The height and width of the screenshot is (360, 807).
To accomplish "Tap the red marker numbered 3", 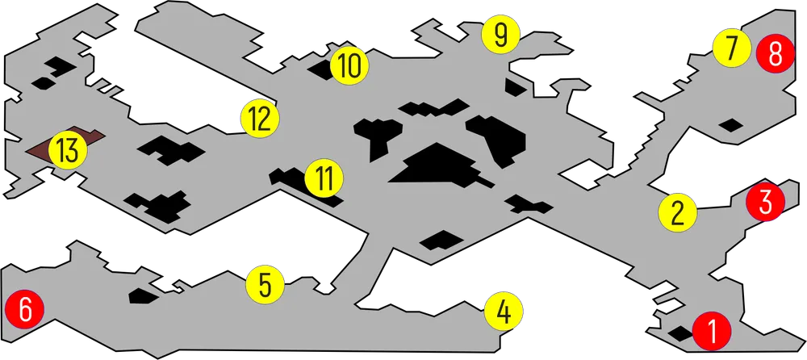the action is coord(765,202).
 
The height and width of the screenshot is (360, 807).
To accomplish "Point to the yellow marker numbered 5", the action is coord(265,285).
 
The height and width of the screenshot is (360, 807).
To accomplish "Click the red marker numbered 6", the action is coord(25,310).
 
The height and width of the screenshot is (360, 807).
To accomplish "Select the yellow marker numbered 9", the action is coord(501,34).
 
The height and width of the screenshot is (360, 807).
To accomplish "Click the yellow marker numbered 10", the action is coord(349,66).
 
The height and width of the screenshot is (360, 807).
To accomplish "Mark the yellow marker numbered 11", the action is coord(324,178).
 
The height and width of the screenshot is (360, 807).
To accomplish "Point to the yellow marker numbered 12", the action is coord(260,119).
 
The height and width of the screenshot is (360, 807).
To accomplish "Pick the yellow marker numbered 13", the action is coord(68,150).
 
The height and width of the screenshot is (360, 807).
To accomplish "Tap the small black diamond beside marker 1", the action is coord(679,333).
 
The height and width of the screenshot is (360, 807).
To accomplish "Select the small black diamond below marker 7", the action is coord(730,124).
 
